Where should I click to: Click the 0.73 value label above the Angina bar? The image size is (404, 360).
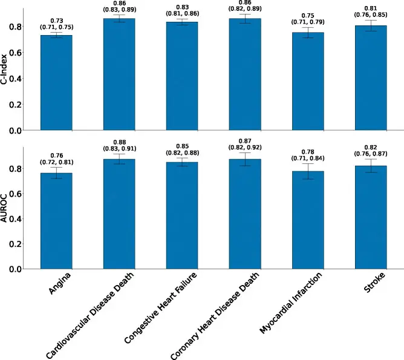56,21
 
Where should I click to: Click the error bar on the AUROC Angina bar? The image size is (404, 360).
56,172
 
